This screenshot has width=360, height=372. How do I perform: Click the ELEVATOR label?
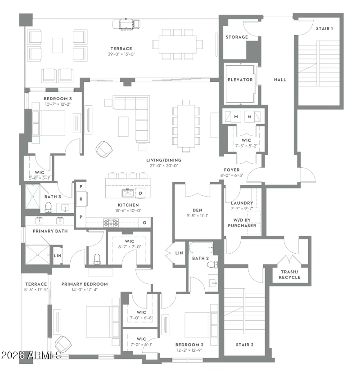(x=240, y=80)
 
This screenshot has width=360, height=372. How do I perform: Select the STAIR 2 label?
(x=245, y=345)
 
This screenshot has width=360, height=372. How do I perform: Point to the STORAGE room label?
(x=237, y=37)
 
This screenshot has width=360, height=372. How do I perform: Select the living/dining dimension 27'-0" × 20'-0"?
(x=162, y=166)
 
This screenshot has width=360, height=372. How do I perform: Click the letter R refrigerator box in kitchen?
(x=81, y=198)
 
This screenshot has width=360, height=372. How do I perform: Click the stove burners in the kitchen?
(x=111, y=222)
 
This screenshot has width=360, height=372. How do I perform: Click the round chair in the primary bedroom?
(x=63, y=344)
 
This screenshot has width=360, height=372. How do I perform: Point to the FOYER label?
(x=232, y=170)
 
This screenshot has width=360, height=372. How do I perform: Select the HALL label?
(x=280, y=80)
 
